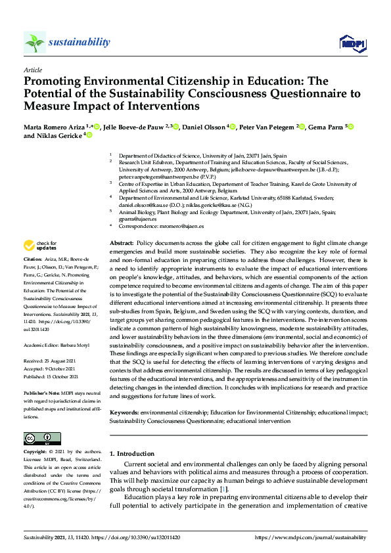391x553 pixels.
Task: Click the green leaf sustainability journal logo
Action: tap(35, 43)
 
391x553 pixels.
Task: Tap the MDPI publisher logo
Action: tap(352, 43)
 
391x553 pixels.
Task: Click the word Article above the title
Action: tap(33, 70)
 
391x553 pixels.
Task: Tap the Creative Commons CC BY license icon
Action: tap(42, 438)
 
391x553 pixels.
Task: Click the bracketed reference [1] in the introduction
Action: tap(224, 489)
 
